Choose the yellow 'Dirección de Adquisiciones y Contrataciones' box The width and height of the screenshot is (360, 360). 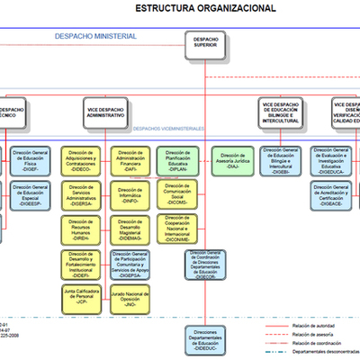(82, 160)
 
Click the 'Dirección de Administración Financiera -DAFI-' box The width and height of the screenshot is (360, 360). (132, 160)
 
